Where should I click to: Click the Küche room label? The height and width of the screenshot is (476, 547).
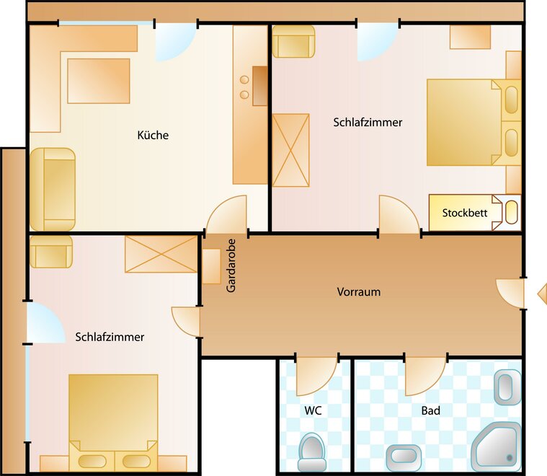153,135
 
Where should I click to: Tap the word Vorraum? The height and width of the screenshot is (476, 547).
359,291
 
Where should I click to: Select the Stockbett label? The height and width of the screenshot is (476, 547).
465,213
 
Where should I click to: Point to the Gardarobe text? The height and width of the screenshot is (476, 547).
231,265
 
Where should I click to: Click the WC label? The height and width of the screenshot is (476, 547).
313,410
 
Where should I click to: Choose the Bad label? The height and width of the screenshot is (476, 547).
431,410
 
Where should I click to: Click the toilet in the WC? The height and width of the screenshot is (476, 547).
312,452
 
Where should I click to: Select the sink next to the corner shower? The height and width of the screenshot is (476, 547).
404,457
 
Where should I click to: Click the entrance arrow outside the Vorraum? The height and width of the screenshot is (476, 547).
542,294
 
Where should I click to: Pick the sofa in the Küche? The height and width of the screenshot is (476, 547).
53,189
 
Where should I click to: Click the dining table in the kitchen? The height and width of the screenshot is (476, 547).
99,81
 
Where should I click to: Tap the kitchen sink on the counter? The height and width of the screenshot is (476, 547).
260,86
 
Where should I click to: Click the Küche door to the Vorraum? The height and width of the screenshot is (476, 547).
226,214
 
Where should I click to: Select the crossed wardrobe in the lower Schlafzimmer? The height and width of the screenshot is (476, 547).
161,255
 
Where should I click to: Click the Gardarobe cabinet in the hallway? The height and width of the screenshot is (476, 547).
211,266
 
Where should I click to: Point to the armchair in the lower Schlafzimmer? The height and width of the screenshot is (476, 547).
51,252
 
